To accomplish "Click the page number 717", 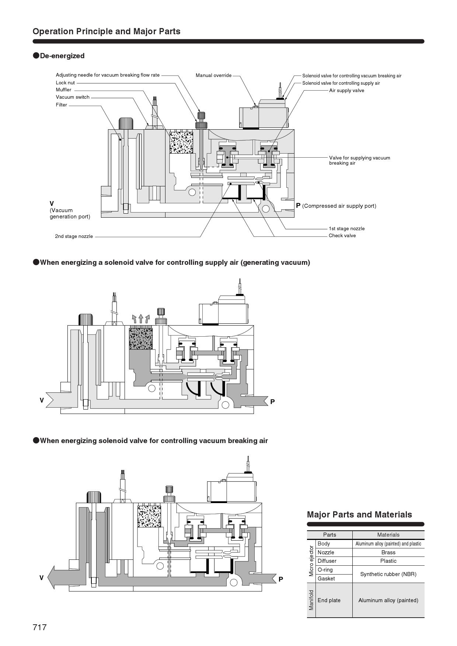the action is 40,627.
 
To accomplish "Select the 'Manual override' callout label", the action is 213,76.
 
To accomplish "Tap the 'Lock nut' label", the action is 65,83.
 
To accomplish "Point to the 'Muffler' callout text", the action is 64,90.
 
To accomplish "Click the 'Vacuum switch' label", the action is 73,97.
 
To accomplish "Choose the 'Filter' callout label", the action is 62,105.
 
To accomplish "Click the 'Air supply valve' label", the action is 346,91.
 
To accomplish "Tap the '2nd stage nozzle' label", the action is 74,236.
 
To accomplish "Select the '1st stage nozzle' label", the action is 347,229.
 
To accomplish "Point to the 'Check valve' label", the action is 342,236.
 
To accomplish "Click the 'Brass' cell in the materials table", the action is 388,552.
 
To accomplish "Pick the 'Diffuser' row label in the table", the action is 327,561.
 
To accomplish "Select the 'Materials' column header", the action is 388,535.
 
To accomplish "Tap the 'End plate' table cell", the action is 329,600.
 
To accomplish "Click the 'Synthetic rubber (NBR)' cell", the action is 388,574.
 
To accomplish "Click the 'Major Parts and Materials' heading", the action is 359,515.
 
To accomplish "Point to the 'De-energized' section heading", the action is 62,56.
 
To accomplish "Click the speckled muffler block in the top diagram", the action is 181,143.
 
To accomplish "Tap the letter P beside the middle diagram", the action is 272,402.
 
